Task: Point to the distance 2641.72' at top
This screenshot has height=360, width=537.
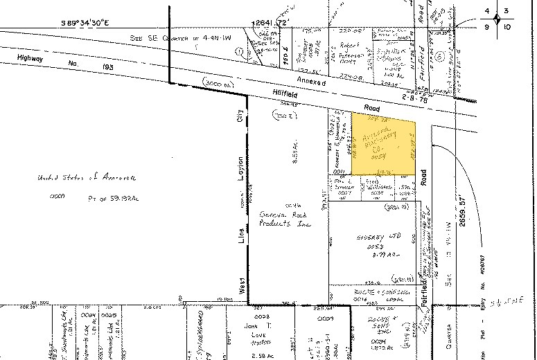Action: pyautogui.click(x=271, y=23)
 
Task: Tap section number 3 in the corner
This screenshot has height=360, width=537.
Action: pyautogui.click(x=507, y=10)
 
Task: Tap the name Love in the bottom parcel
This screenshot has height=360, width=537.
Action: pyautogui.click(x=250, y=332)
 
